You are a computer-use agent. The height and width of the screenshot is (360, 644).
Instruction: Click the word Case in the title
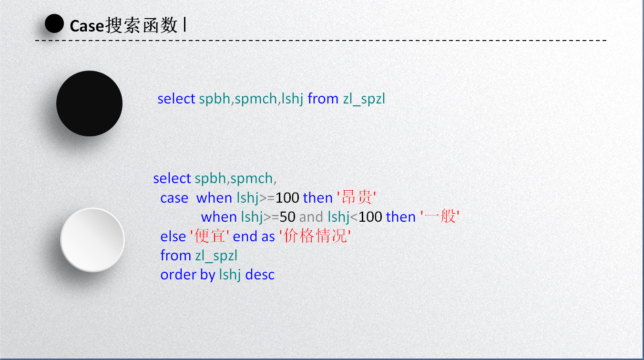87,26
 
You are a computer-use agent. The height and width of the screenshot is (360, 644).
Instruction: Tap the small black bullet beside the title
54,23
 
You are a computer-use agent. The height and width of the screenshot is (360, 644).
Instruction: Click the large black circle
90,103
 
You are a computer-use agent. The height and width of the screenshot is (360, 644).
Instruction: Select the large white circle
92,240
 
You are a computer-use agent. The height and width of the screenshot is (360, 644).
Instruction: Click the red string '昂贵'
357,197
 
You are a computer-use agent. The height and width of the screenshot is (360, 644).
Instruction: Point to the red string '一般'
440,216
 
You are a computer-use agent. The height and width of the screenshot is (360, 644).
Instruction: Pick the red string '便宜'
210,236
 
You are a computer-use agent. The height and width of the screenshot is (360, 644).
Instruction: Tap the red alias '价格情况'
315,236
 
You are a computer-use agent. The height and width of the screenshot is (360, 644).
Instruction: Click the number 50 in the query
287,217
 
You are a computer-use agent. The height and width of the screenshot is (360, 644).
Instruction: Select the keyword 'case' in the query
174,198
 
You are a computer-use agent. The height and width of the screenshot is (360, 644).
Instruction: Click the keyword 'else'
173,237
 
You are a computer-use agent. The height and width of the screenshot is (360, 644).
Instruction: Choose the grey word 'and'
311,217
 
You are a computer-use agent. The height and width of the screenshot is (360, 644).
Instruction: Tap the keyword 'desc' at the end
260,275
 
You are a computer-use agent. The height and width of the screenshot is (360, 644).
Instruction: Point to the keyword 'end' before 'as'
245,237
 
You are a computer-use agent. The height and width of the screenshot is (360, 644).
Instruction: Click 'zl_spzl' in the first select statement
364,99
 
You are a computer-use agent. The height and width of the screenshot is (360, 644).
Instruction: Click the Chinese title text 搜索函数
142,25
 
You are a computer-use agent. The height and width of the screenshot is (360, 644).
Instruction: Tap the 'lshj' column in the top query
292,99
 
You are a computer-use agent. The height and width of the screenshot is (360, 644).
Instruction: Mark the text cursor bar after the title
185,24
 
